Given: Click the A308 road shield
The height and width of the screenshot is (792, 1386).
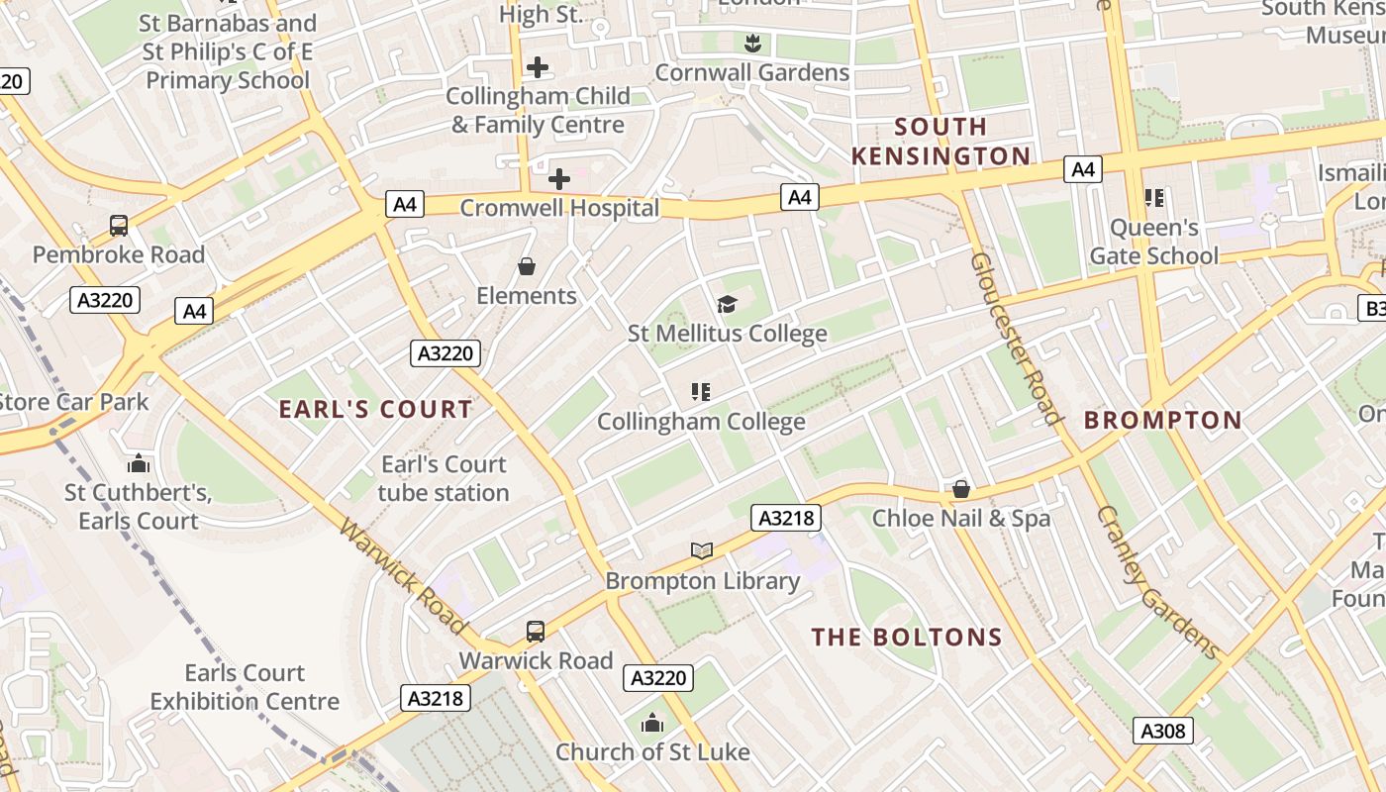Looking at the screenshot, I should (x=1162, y=732).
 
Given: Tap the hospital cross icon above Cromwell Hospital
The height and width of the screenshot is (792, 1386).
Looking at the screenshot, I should (x=559, y=179).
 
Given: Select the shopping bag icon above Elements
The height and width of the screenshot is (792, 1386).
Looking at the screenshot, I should (x=527, y=267).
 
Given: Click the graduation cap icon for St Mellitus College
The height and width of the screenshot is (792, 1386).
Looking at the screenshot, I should (x=728, y=304).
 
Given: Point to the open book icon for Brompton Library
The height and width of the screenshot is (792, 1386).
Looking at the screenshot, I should (x=702, y=551).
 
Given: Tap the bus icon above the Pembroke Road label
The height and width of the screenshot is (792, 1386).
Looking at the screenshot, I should (x=119, y=226).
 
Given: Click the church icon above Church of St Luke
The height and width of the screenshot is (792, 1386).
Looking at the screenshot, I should (x=651, y=724).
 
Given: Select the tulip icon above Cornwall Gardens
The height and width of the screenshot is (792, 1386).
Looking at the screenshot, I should (x=752, y=43).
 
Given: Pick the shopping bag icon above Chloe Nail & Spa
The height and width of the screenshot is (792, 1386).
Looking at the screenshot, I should (x=960, y=489).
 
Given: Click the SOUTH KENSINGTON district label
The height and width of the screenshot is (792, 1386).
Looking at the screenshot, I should (x=940, y=142).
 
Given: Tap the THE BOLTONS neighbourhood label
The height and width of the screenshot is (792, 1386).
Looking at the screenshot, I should (x=907, y=638).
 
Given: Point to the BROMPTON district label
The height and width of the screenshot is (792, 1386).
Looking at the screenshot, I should (x=1162, y=420).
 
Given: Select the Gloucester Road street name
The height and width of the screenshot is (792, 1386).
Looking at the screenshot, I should (x=1016, y=338).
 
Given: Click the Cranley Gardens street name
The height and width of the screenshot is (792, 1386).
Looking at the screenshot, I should (x=1157, y=583).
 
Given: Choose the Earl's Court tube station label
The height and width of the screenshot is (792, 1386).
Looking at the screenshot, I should (x=444, y=478).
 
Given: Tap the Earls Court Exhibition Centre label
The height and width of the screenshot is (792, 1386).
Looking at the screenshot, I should (x=245, y=687).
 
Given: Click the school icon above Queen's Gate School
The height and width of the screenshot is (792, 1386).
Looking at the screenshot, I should (x=1153, y=198).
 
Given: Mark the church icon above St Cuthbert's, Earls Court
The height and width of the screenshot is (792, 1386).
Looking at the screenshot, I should (x=139, y=463).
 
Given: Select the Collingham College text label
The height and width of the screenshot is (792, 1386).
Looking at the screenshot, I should (x=701, y=422).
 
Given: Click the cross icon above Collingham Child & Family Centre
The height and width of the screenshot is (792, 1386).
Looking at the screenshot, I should (x=538, y=67).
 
